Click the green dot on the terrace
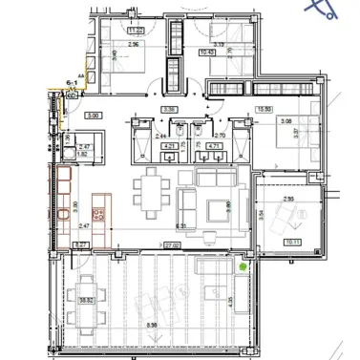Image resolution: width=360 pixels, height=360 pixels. [x=243, y=266]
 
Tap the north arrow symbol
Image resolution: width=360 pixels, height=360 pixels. [x=324, y=11]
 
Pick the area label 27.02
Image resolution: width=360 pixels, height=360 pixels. [x=171, y=245]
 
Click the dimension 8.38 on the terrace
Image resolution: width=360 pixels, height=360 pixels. [x=154, y=326]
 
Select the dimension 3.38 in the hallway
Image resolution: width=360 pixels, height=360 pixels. [x=169, y=110]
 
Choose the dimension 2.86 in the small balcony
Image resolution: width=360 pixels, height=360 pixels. [x=288, y=199]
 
